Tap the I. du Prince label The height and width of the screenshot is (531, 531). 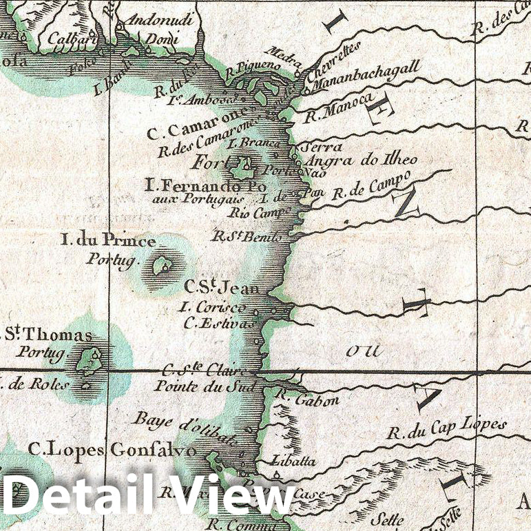pos(108,240)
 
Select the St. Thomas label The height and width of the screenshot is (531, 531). pos(46,335)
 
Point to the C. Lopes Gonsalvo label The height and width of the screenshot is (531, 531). pos(113,450)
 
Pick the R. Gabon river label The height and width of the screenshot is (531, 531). pos(298,399)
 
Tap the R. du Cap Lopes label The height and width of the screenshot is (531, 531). pos(446,428)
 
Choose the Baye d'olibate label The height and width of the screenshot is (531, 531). pos(186,429)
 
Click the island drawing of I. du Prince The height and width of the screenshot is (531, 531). pos(163,266)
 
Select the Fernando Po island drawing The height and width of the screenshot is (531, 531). pos(242,166)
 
